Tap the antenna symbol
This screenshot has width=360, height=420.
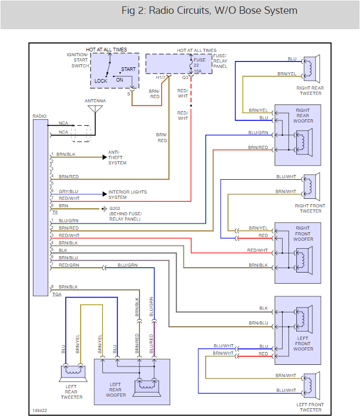point(95,110)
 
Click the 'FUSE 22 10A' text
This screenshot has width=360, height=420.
point(200,65)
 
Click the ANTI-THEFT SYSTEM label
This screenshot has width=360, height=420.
point(117,157)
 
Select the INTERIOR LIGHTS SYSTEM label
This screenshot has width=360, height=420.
point(127,195)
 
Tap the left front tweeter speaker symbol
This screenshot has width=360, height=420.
point(310,385)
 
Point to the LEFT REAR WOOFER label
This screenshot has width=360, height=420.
point(116,390)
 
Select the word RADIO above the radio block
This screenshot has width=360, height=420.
point(39,116)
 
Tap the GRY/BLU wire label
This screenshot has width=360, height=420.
point(68,191)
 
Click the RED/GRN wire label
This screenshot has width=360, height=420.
point(69,265)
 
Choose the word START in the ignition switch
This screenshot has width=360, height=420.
point(128,69)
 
